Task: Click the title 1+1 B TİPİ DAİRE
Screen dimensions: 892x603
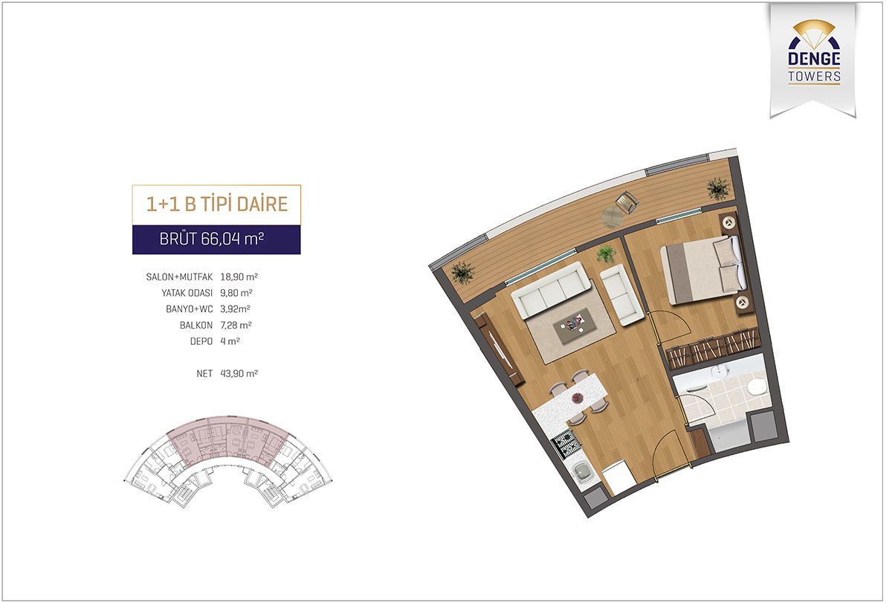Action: [217, 204]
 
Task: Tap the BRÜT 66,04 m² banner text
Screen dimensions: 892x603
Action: [211, 239]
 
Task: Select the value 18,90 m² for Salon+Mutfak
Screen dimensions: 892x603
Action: [239, 277]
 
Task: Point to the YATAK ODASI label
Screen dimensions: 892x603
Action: [187, 293]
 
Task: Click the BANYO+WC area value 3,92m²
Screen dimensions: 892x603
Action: [235, 309]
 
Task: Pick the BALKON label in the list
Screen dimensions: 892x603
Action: [196, 326]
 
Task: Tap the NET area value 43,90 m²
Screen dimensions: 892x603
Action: [239, 373]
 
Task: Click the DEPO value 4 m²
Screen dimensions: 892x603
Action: [230, 341]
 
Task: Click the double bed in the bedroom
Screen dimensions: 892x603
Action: [703, 270]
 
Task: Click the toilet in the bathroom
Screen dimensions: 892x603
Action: [756, 387]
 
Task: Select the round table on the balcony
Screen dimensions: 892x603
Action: [612, 217]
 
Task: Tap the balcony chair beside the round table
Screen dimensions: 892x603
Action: [627, 201]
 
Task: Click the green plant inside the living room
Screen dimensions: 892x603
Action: [606, 254]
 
